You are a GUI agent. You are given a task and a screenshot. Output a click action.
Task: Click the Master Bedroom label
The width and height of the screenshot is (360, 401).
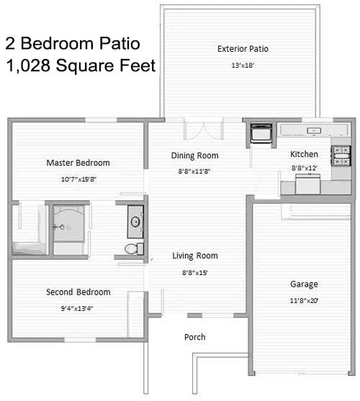78,163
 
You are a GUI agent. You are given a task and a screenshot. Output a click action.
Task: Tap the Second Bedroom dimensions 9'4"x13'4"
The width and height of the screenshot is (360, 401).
77,308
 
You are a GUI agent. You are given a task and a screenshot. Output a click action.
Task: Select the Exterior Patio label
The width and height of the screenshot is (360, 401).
243,49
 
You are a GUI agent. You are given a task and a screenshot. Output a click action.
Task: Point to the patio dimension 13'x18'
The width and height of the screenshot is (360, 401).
243,66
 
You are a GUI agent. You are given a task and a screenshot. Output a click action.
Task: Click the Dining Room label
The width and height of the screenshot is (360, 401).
195,156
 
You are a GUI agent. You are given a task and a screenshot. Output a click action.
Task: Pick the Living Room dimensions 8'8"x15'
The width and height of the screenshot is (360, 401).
195,273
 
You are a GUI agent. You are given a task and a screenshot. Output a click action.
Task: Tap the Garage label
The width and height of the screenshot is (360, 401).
304,284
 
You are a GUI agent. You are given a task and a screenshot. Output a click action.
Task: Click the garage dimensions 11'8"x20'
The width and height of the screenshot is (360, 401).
304,300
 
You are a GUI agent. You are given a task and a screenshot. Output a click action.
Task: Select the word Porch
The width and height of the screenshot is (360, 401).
195,337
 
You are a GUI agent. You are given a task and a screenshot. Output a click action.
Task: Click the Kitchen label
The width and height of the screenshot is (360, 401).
304,154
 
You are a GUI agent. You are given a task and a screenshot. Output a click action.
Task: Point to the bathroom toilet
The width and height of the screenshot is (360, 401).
134,249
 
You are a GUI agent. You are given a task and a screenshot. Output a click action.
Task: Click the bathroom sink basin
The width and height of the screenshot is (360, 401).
135,222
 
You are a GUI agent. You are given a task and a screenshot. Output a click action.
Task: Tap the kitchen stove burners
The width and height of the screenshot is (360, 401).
341,156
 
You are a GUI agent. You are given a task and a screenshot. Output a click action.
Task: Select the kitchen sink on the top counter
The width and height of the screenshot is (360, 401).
314,131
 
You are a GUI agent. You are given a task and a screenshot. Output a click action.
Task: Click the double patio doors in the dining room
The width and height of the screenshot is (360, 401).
204,128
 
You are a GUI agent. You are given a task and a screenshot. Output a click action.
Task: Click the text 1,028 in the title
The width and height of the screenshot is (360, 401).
28,66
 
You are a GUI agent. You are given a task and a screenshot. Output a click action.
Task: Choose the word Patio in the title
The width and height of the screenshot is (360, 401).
120,43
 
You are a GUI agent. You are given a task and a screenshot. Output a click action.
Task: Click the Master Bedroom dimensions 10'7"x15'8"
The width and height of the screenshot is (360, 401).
78,179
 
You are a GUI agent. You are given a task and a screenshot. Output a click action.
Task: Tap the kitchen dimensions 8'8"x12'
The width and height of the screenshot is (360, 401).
305,168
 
